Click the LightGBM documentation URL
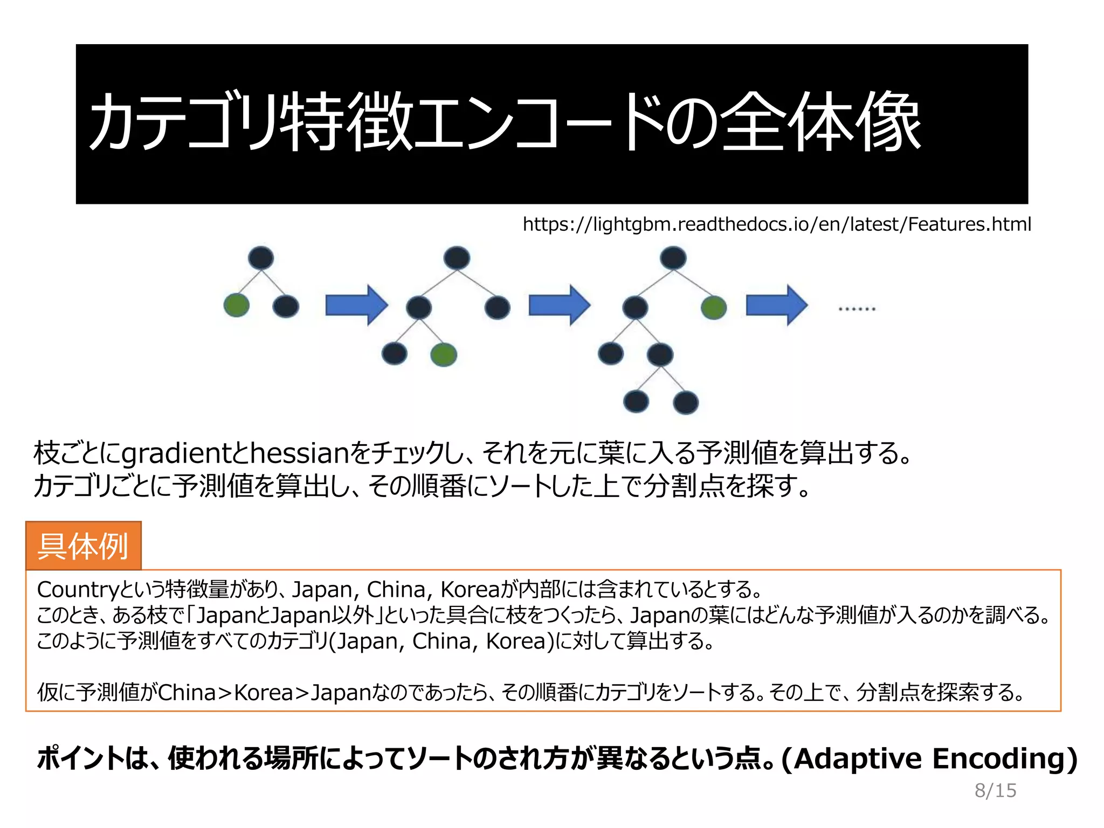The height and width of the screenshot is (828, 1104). click(x=776, y=224)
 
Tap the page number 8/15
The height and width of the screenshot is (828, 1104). click(x=995, y=790)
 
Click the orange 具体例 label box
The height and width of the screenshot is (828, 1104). click(x=84, y=546)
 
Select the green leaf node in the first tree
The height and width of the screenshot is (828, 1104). click(x=237, y=306)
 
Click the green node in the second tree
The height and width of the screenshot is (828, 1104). click(x=444, y=355)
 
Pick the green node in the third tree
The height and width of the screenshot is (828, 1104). click(x=714, y=308)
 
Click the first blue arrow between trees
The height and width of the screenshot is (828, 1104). click(x=356, y=305)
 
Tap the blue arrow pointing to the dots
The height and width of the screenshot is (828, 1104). click(x=777, y=305)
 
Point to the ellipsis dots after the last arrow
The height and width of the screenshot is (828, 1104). click(x=857, y=309)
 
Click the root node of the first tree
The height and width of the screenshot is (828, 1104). click(x=261, y=258)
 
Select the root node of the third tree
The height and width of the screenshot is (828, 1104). click(x=673, y=258)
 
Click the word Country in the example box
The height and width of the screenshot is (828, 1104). click(x=77, y=590)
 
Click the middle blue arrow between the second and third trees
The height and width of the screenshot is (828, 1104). click(x=560, y=305)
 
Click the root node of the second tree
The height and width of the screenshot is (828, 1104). click(x=457, y=258)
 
